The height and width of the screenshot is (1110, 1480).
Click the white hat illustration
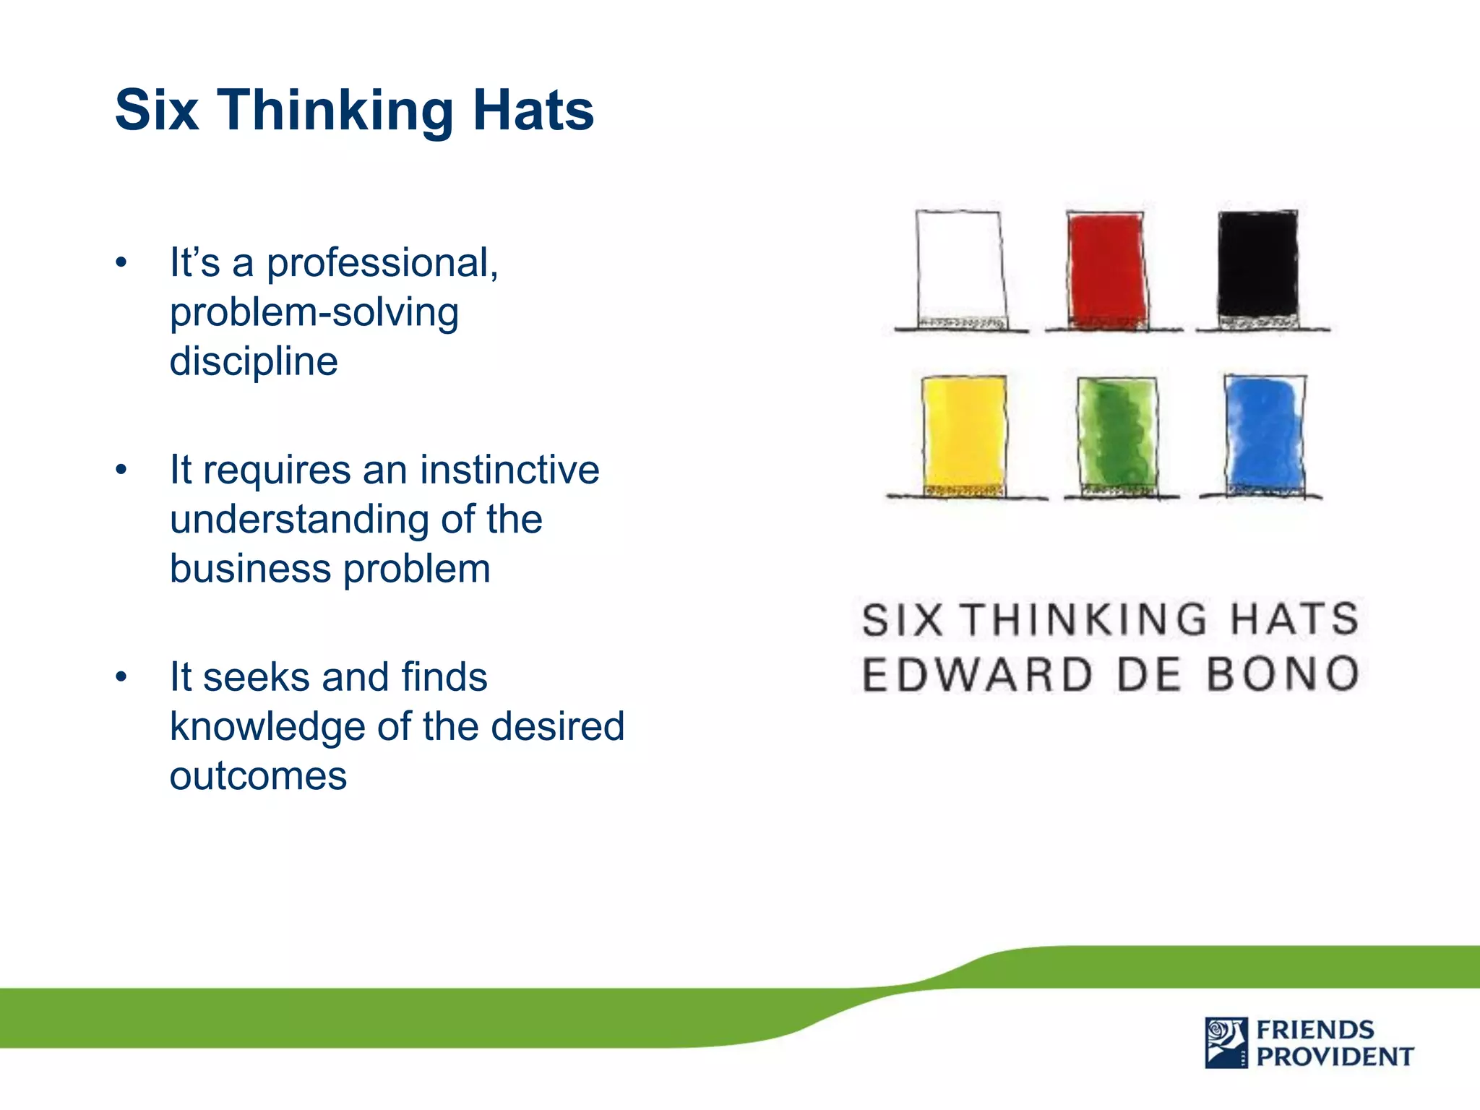[961, 271]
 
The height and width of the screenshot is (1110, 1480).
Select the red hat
[1107, 271]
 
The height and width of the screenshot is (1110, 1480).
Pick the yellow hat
[964, 436]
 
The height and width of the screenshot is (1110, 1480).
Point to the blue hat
[1265, 436]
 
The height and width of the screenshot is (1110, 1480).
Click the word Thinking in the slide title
[335, 111]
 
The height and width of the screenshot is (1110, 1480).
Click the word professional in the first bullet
[382, 262]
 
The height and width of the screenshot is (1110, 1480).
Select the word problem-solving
[314, 313]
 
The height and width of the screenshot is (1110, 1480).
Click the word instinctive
[509, 470]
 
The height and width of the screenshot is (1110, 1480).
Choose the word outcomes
[258, 775]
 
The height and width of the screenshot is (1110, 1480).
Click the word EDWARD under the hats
[977, 674]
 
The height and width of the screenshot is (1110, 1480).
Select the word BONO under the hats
[1283, 674]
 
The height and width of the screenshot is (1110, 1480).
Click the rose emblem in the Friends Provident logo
[1226, 1042]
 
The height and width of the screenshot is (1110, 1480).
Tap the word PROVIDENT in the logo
[1335, 1057]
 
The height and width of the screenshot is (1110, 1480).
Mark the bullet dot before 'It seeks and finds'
[121, 677]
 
